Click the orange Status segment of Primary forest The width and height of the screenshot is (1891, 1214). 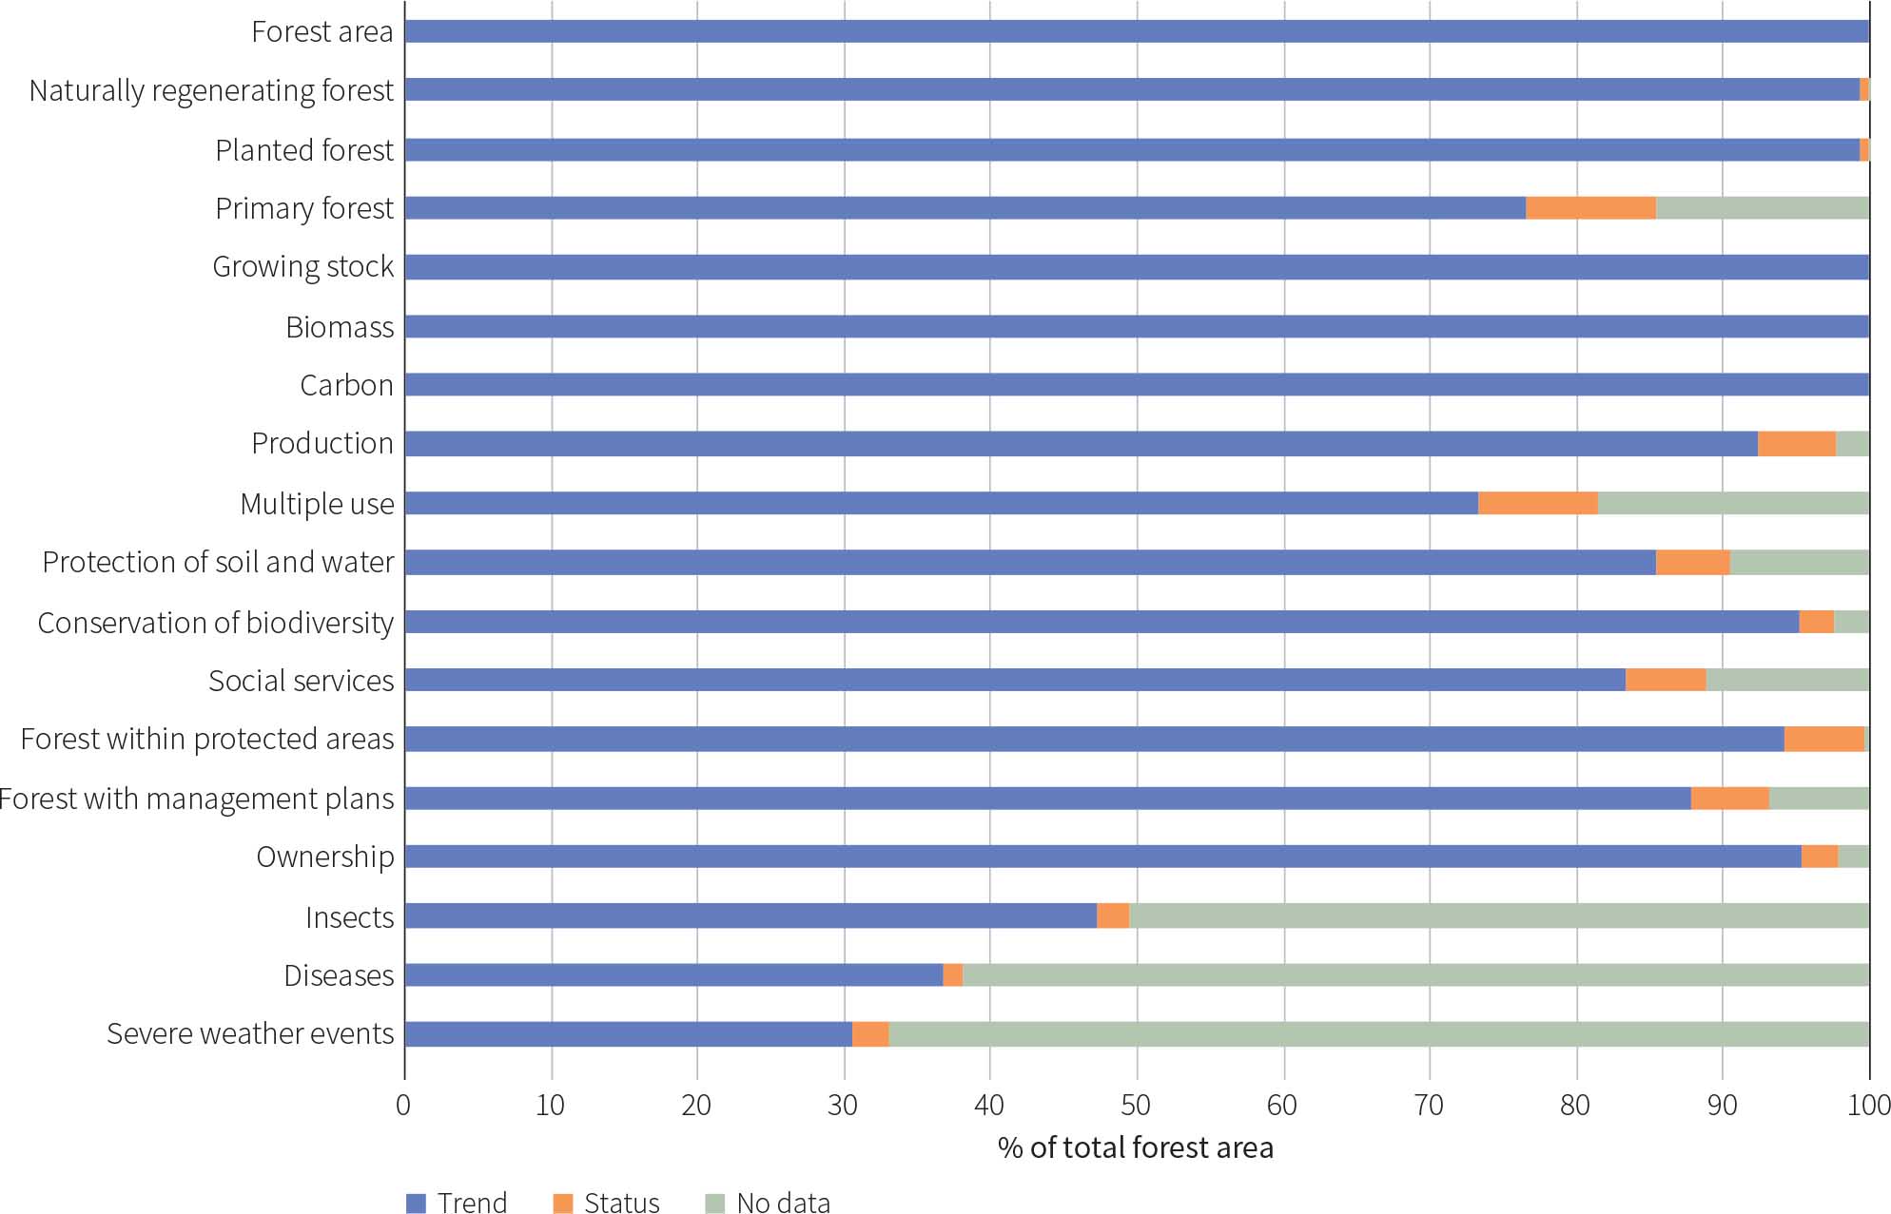(x=1590, y=207)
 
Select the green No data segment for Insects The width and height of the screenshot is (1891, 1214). (x=1498, y=915)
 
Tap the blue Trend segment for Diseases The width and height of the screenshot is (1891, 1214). (x=673, y=974)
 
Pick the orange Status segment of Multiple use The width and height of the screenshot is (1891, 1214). (x=1537, y=503)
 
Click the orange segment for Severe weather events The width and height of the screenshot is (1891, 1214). (x=870, y=1033)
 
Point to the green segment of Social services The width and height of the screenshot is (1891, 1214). (x=1786, y=680)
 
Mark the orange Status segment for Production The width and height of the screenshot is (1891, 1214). (x=1796, y=443)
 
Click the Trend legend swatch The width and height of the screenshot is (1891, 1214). (x=416, y=1203)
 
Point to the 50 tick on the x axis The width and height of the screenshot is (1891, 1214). (x=1136, y=1105)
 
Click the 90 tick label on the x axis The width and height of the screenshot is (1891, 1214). (x=1722, y=1105)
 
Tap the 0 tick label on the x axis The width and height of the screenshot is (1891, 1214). (x=404, y=1105)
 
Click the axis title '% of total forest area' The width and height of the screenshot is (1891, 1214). (x=1135, y=1147)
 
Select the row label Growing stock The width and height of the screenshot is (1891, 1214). (x=302, y=267)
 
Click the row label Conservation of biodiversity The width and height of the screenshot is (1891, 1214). (x=215, y=623)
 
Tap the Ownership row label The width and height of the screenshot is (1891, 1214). (x=324, y=857)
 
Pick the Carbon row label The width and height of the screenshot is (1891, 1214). (x=346, y=385)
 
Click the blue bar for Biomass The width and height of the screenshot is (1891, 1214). (x=1137, y=326)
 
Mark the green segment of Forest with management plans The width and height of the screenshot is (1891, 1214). (x=1819, y=798)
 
